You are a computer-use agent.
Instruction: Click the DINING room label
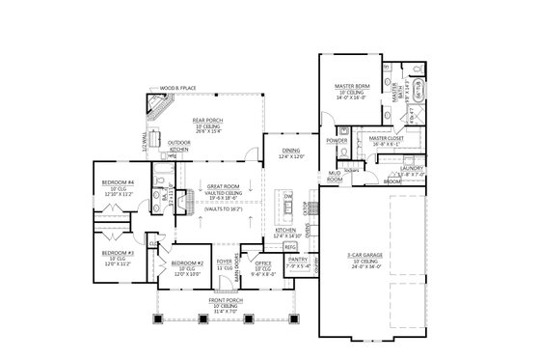pyautogui.click(x=291, y=151)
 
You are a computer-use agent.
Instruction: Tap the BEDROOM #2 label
pyautogui.click(x=187, y=263)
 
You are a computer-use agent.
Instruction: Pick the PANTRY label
pyautogui.click(x=298, y=259)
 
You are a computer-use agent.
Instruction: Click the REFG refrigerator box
pyautogui.click(x=289, y=246)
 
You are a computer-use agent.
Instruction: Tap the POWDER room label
pyautogui.click(x=337, y=141)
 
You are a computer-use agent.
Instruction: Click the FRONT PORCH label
pyautogui.click(x=225, y=302)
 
